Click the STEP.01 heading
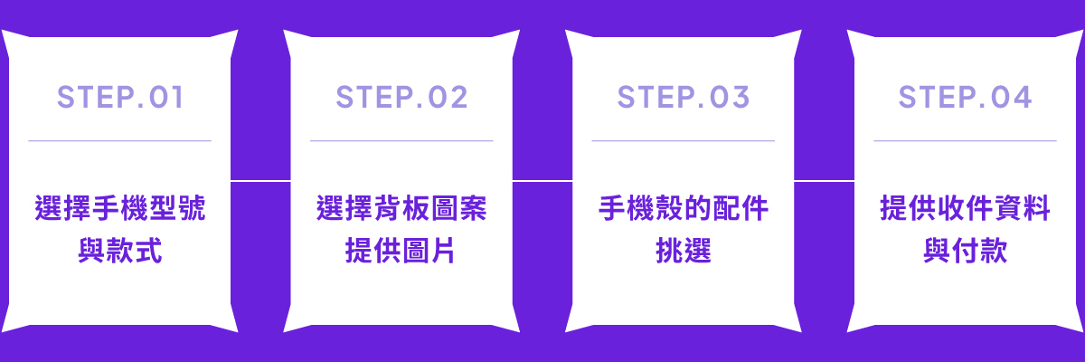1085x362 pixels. [x=120, y=97]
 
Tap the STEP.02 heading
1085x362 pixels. [x=401, y=97]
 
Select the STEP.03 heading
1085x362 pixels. [x=683, y=97]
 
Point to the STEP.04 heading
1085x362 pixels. [x=965, y=97]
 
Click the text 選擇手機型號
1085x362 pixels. [x=120, y=208]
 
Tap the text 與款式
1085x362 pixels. [x=120, y=251]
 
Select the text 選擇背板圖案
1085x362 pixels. [x=401, y=208]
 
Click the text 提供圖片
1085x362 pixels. [x=400, y=251]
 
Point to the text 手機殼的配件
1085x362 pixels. [x=683, y=208]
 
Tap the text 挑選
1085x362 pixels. [x=683, y=251]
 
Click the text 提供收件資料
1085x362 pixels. [x=965, y=208]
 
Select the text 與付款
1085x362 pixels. [x=965, y=251]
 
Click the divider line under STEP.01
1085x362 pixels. [x=120, y=141]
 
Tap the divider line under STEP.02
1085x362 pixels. [x=401, y=141]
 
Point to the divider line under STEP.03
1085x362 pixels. [x=683, y=141]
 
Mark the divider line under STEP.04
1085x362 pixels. [x=965, y=141]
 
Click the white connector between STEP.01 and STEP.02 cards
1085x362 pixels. [x=260, y=181]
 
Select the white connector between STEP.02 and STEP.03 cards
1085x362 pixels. [x=542, y=181]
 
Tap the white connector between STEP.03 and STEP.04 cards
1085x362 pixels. [x=824, y=181]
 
